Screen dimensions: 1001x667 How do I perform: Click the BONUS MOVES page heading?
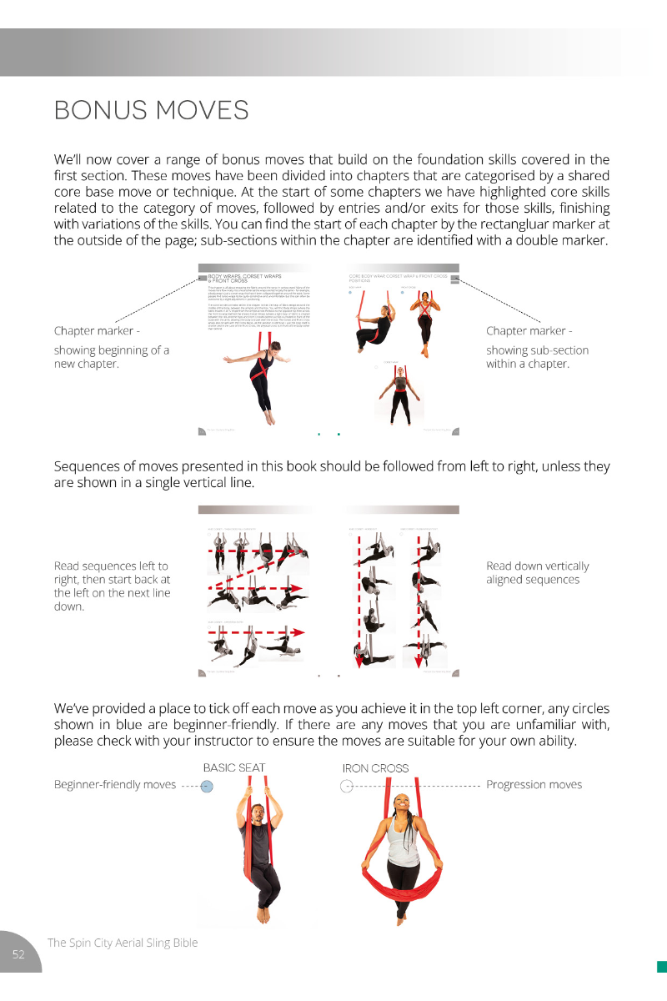click(151, 110)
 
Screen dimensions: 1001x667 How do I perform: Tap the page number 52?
click(18, 954)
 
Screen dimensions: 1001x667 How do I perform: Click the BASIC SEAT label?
click(234, 767)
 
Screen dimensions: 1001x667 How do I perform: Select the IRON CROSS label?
click(375, 768)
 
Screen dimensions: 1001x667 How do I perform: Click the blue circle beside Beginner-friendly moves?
click(208, 786)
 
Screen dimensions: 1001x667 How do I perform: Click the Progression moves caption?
click(534, 784)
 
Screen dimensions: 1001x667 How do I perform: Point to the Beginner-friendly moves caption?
click(114, 784)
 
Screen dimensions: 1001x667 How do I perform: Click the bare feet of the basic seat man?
click(264, 915)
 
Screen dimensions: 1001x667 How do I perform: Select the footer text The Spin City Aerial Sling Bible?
click(123, 943)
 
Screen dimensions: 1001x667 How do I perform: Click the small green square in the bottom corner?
click(661, 967)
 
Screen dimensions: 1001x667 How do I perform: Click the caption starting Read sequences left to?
click(112, 586)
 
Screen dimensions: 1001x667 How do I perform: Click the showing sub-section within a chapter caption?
click(537, 356)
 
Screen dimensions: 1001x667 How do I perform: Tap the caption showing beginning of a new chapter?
click(111, 357)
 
